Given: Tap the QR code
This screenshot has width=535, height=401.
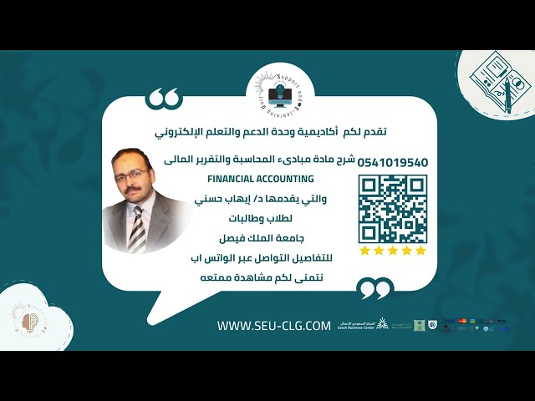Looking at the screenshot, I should (x=392, y=208).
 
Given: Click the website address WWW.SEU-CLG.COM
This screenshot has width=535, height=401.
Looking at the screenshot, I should (x=274, y=326).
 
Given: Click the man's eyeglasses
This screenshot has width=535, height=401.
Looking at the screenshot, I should (x=132, y=175).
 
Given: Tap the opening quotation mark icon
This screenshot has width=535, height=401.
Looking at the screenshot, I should (x=164, y=99).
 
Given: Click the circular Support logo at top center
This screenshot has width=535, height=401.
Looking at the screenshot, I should (x=280, y=89).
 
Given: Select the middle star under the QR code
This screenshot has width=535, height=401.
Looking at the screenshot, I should (x=392, y=251).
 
